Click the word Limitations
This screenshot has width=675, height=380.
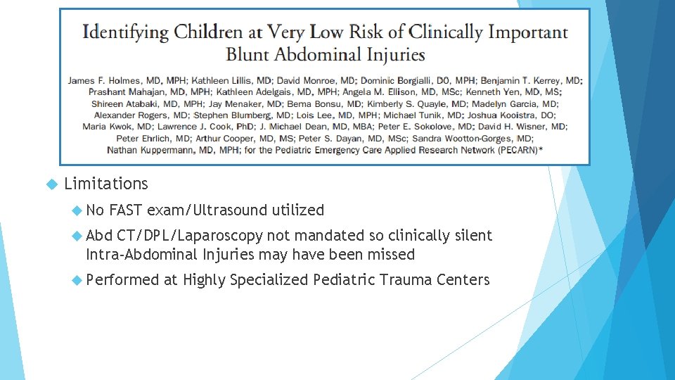(106, 184)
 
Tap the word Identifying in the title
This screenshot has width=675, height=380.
(125, 32)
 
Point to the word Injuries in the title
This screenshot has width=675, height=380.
(392, 54)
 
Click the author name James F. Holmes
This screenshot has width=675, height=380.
(101, 81)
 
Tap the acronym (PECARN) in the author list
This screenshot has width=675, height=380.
(527, 150)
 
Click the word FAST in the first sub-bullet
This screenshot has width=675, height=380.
(126, 210)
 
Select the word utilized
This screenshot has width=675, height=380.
(298, 210)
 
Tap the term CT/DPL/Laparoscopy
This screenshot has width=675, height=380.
(190, 236)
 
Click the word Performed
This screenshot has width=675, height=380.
(122, 280)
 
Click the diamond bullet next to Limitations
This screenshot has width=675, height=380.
(51, 184)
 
